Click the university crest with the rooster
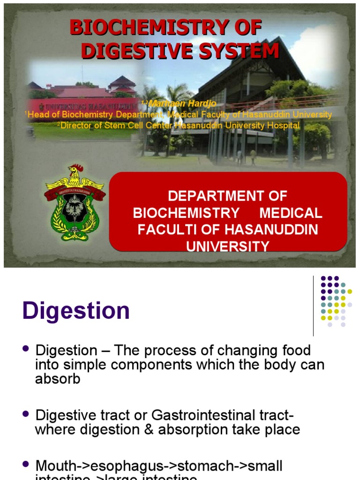coord(74,202)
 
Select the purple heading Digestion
coord(76,311)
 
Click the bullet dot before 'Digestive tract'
coord(26,414)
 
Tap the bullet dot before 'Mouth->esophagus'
coord(26,465)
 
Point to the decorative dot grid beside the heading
coord(336,301)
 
